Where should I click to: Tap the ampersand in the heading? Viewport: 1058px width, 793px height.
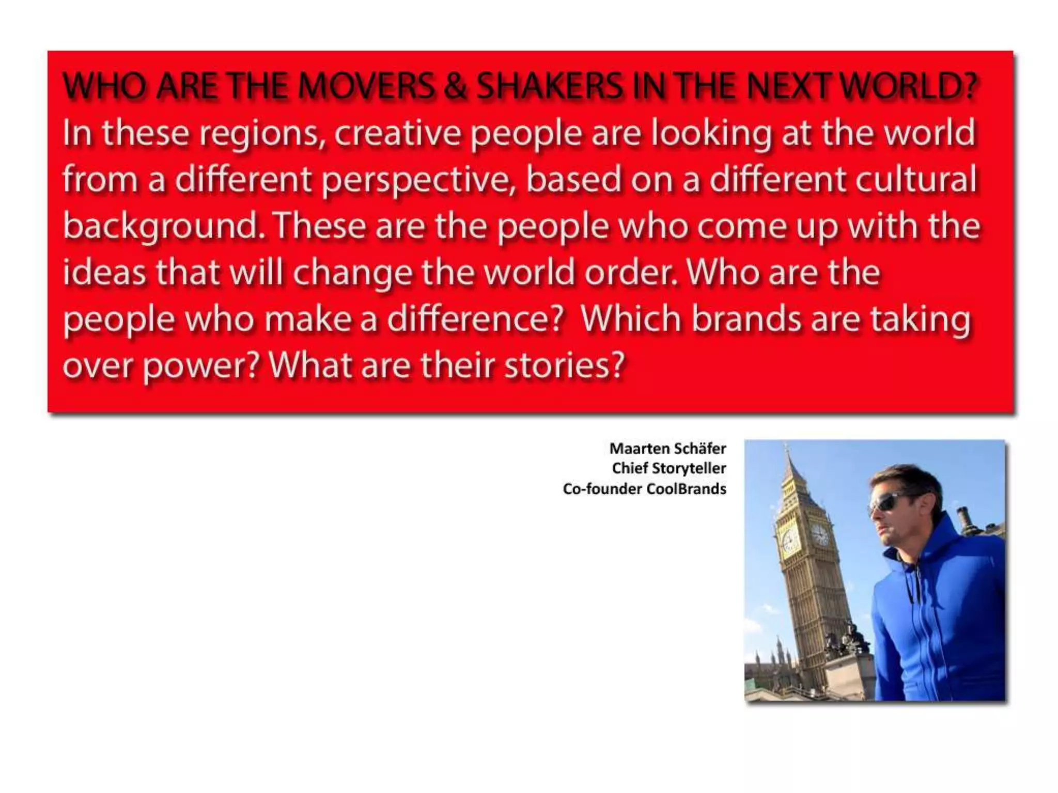pyautogui.click(x=455, y=86)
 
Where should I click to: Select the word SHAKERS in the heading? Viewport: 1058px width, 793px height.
pyautogui.click(x=550, y=86)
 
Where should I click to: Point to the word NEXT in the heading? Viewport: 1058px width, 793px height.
pyautogui.click(x=785, y=86)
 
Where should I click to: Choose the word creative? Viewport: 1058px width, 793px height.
pyautogui.click(x=397, y=133)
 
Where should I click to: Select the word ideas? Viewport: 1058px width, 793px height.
pyautogui.click(x=104, y=273)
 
